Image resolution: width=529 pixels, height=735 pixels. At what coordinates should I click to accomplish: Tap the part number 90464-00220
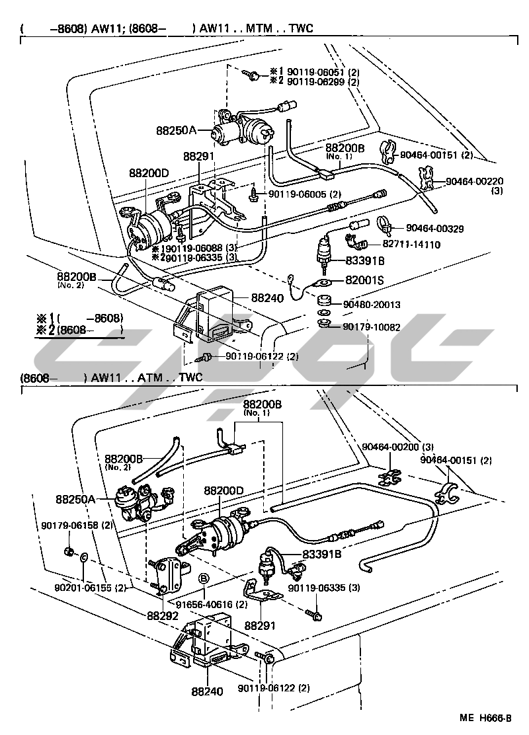click(x=475, y=181)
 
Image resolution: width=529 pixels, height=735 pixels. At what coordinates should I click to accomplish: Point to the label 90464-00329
click(x=434, y=229)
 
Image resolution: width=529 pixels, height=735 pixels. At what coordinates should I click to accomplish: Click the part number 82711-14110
click(x=411, y=244)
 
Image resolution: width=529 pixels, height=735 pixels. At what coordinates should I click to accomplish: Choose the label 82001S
click(x=364, y=280)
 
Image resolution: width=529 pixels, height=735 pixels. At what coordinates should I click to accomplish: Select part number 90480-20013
click(x=372, y=305)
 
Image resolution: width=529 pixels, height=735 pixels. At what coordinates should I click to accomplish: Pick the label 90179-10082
click(x=372, y=327)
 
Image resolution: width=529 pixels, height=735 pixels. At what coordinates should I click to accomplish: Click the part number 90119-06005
click(x=298, y=194)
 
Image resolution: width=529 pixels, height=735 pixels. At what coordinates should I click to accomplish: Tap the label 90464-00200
click(x=391, y=447)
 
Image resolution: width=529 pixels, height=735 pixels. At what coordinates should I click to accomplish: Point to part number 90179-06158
click(x=70, y=525)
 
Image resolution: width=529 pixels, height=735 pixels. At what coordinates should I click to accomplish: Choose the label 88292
click(x=163, y=616)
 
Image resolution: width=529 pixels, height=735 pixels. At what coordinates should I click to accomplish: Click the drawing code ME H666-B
click(x=485, y=718)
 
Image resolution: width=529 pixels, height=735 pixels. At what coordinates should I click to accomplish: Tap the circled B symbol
click(x=204, y=580)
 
